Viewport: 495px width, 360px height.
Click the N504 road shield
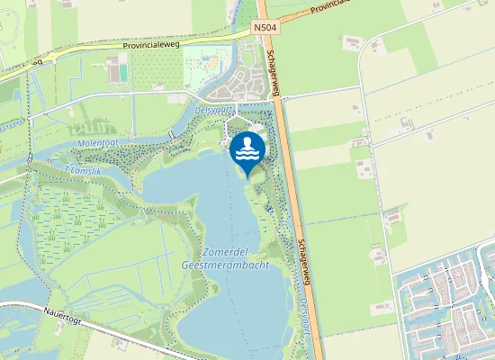coord(264,29)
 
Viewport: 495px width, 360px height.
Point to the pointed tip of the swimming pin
coord(247,177)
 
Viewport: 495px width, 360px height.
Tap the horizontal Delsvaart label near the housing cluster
coord(211,109)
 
